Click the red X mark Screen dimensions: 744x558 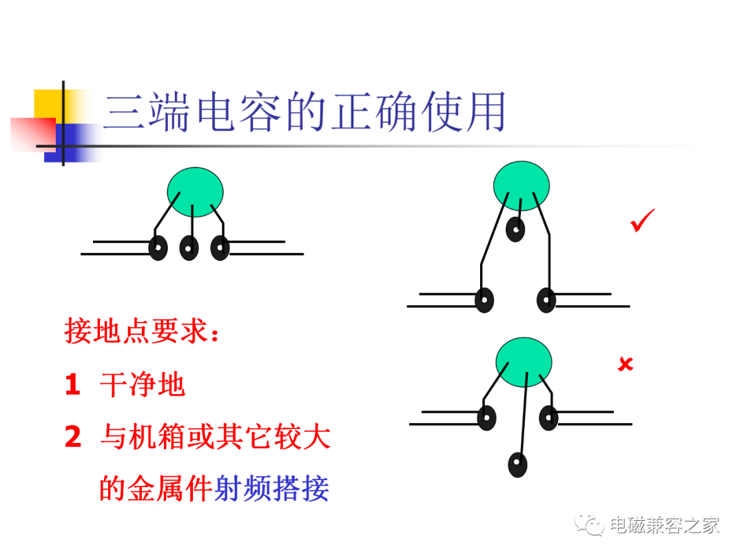tap(626, 364)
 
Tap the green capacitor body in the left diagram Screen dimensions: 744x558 tap(195, 192)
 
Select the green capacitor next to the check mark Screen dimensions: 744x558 tap(521, 186)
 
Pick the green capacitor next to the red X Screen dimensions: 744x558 tap(524, 362)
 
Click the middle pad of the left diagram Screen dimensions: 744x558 tap(189, 248)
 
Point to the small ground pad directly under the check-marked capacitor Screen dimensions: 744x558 tap(515, 229)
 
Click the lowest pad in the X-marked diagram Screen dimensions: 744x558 tap(517, 464)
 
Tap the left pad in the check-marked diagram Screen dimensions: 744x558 tap(484, 300)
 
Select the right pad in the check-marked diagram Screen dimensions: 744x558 tap(546, 300)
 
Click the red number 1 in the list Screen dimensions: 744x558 tap(72, 384)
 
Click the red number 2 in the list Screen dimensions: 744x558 tap(73, 436)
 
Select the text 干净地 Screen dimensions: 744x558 tap(143, 384)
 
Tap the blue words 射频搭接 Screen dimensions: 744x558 tap(271, 488)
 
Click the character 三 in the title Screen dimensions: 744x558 tap(124, 112)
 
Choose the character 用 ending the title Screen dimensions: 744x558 tap(486, 112)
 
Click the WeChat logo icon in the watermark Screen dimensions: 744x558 tap(588, 524)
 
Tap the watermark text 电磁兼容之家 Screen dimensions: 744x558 tap(665, 525)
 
